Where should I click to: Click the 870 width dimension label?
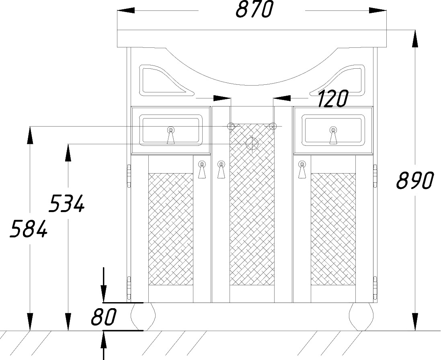point(254,9)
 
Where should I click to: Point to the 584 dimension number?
point(29,229)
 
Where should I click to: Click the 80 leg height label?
point(103,317)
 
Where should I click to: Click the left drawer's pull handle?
point(171,135)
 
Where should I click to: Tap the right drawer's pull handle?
point(333,135)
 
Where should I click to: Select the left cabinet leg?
point(143,317)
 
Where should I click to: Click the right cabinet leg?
point(362,317)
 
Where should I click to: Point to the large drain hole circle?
point(252,143)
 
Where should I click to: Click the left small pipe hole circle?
point(231,126)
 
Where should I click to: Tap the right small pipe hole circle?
point(273,126)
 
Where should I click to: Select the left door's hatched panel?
point(171,229)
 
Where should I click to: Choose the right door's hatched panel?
point(333,229)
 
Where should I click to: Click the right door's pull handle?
point(302,170)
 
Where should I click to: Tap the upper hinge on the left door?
point(129,176)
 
